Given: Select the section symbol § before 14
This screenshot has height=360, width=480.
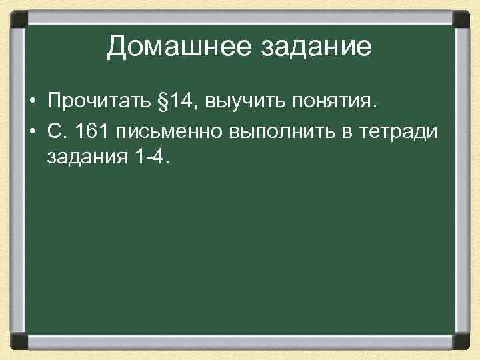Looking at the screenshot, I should [161, 101].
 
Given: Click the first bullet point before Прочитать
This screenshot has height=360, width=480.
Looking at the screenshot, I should [32, 102].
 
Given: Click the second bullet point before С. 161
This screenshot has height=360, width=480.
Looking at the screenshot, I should [32, 131].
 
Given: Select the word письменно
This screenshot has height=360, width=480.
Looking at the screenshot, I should [170, 131].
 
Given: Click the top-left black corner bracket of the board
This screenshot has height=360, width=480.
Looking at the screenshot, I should [19, 17].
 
